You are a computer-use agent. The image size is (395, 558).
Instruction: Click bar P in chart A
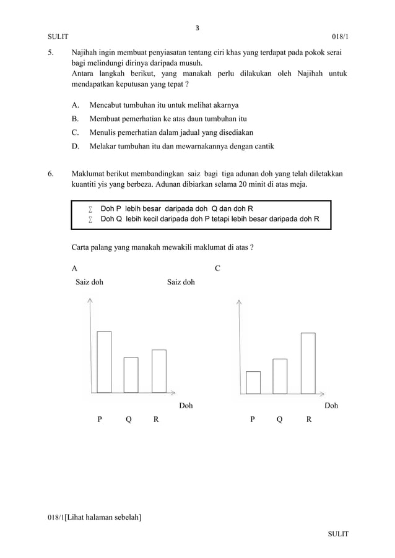[104, 362]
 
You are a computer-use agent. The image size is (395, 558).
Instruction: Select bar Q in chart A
[131, 375]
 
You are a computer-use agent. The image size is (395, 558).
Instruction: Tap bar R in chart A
[158, 371]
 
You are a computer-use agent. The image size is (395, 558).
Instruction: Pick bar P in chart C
[253, 382]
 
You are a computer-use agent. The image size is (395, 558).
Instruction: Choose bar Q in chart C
[280, 376]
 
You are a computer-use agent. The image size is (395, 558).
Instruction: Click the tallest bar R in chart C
[308, 363]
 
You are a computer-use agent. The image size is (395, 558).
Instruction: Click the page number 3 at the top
[197, 27]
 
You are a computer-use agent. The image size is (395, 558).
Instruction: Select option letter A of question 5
[75, 105]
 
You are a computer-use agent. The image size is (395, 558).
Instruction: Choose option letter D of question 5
[75, 147]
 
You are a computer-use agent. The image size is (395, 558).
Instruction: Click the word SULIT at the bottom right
[338, 533]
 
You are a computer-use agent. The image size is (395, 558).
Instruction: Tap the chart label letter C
[217, 268]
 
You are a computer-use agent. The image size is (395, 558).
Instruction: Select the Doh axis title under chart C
[331, 406]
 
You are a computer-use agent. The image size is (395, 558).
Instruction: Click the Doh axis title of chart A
[186, 406]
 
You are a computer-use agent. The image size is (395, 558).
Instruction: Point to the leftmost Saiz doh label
[89, 282]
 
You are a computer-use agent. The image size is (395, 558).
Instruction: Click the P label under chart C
[252, 419]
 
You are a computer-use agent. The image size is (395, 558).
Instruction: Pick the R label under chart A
[156, 419]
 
